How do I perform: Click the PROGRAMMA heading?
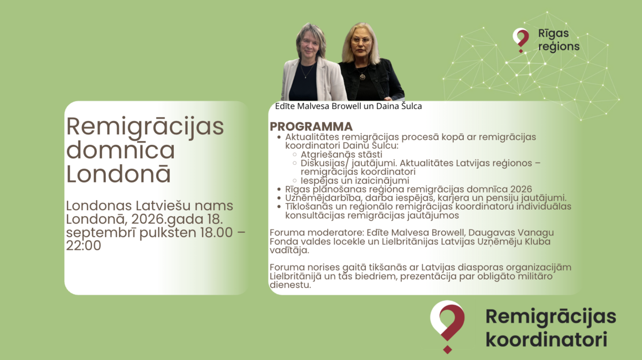[x=311, y=126]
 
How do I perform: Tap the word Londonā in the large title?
[x=118, y=173]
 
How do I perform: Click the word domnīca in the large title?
[x=120, y=150]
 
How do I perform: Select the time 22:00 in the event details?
[x=83, y=246]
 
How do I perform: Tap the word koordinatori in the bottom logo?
[x=546, y=339]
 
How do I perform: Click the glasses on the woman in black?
[x=361, y=41]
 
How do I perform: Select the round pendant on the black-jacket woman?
[x=363, y=76]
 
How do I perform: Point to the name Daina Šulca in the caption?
[x=399, y=106]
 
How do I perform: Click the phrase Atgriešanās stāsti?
[x=341, y=155]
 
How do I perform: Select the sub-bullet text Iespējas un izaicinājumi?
[x=355, y=181]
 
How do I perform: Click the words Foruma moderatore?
[x=317, y=233]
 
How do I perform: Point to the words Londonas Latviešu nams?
[x=150, y=205]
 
